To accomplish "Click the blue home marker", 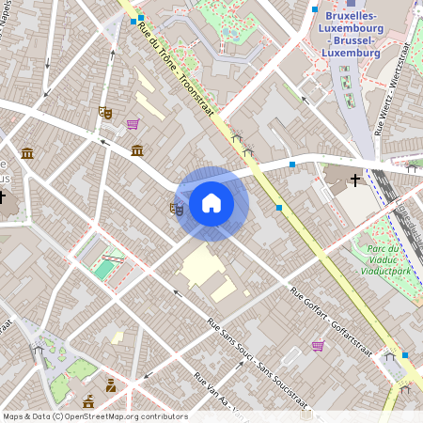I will click(x=211, y=203).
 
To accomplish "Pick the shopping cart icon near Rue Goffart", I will click(x=318, y=345).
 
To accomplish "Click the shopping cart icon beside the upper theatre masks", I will click(x=133, y=123).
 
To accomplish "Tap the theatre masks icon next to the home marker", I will click(x=176, y=209).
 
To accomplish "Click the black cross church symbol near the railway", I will click(x=355, y=179).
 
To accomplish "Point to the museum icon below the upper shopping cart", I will click(x=137, y=150).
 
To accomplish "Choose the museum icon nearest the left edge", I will click(x=26, y=152).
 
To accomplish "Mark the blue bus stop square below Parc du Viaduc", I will click(x=405, y=355).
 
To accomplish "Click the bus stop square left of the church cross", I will click(x=292, y=164).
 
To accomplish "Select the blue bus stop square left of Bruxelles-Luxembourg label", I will click(x=314, y=9).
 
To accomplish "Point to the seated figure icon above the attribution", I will click(x=111, y=384).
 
